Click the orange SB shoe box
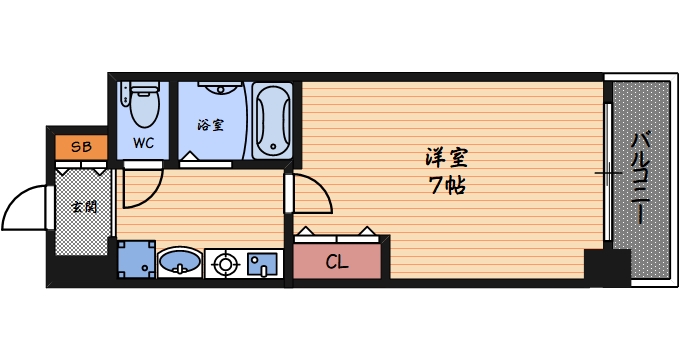pos(81,148)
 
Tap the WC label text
pos(144,142)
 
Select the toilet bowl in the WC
pos(145,103)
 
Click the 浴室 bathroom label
pos(210,125)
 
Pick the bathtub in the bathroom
pos(271,121)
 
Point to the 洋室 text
pos(446,157)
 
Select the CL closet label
pos(337,263)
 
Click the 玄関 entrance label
pos(82,207)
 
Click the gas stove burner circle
pos(225,264)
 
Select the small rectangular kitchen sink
pos(262,264)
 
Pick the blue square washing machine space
pos(136,260)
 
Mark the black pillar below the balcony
pos(607,267)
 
